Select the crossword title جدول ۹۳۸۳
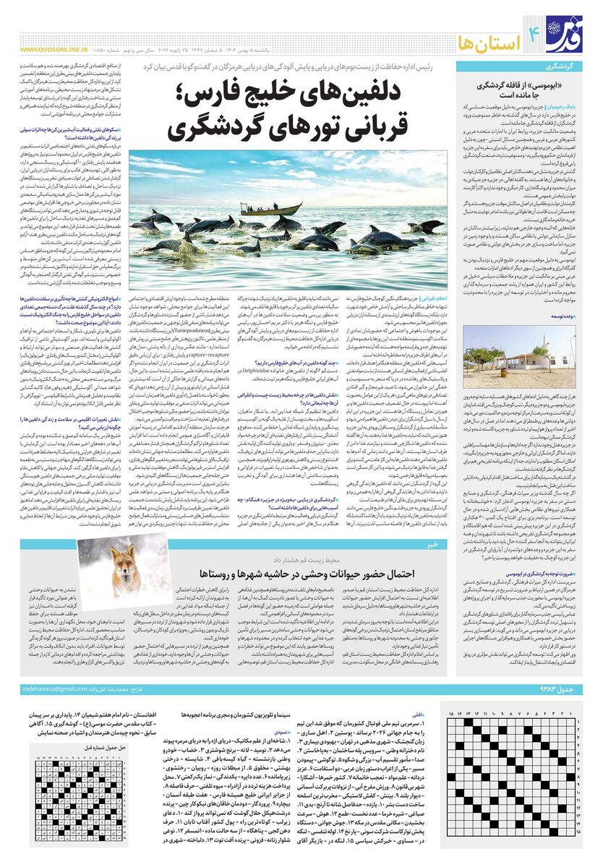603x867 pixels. (x=558, y=689)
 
